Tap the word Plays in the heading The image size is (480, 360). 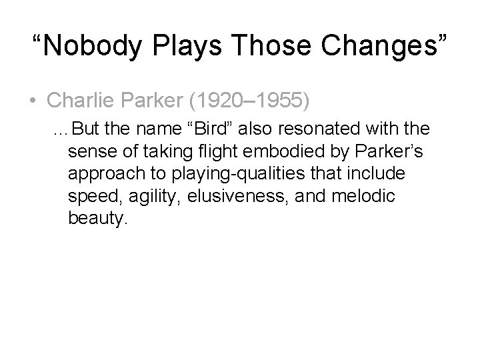tap(193, 46)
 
